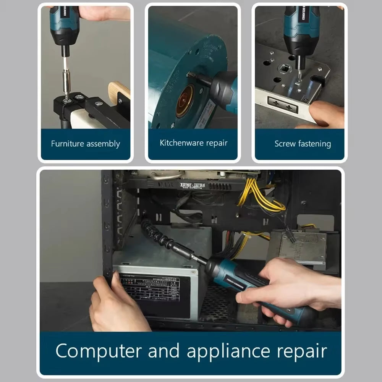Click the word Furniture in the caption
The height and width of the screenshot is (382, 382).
[67, 144]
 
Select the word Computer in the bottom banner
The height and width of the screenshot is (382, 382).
[98, 351]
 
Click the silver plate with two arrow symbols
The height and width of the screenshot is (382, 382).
[283, 104]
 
